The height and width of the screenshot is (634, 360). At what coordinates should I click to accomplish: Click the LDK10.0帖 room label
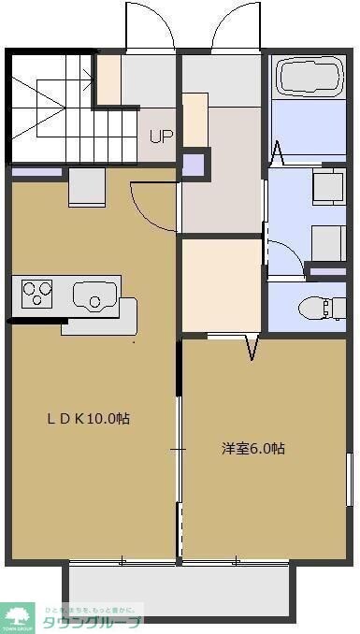pyautogui.click(x=89, y=418)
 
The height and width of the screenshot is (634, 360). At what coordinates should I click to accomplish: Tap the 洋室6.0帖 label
pyautogui.click(x=253, y=448)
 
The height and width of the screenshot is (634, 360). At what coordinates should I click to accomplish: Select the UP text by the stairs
pyautogui.click(x=161, y=136)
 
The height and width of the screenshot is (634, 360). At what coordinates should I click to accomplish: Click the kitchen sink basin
pyautogui.click(x=93, y=298)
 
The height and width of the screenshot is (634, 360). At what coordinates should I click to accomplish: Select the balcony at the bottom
pyautogui.click(x=179, y=591)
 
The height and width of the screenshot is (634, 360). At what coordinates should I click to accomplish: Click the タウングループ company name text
pyautogui.click(x=90, y=622)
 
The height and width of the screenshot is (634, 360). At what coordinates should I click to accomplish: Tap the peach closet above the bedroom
pyautogui.click(x=221, y=285)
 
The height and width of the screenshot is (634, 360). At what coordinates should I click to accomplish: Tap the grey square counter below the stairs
pyautogui.click(x=87, y=188)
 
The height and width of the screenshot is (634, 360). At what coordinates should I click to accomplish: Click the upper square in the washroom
pyautogui.click(x=328, y=186)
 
